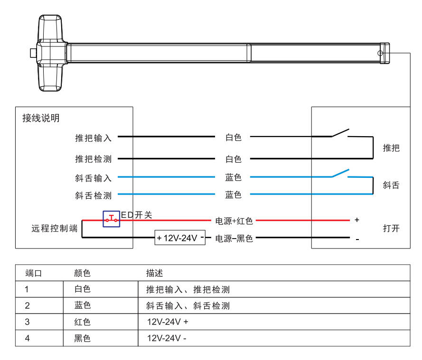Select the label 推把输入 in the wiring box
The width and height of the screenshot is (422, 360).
point(93,138)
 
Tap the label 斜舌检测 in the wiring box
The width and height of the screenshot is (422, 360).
point(93,195)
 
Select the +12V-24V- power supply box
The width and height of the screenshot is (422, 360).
point(180,238)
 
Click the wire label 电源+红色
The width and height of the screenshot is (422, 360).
point(234,221)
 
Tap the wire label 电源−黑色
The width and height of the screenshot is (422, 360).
point(234,238)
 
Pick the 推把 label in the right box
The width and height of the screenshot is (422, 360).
point(391,148)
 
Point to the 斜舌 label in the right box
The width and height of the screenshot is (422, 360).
point(391,185)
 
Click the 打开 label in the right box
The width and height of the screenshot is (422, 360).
point(391,229)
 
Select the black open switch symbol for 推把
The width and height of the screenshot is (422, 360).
point(340,133)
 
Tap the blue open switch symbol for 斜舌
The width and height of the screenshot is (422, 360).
point(340,174)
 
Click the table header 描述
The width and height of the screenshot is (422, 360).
point(155,273)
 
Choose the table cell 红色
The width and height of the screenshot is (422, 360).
point(83,322)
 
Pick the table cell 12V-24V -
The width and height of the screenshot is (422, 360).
point(167,339)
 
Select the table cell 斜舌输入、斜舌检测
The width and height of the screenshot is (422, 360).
point(188,306)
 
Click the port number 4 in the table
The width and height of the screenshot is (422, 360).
point(27,339)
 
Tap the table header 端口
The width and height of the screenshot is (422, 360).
point(34,273)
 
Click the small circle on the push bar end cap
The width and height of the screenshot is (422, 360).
point(380,53)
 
